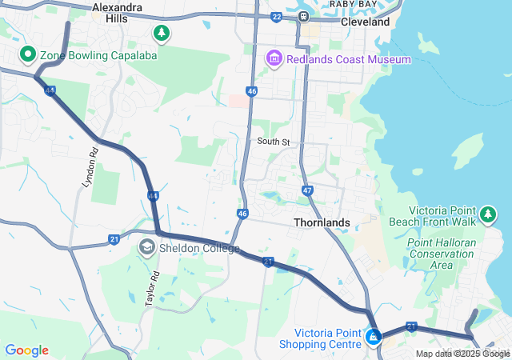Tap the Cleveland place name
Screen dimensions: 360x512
(365, 22)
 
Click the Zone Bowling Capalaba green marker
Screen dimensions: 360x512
(26, 54)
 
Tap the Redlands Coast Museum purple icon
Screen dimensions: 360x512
(274, 58)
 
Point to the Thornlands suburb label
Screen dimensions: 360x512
(322, 222)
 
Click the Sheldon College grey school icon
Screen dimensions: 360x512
(146, 247)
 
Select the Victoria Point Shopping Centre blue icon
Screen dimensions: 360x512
(373, 337)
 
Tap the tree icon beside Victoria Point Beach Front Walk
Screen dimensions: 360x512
(488, 214)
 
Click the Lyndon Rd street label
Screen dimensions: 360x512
(90, 168)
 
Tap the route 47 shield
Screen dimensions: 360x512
(308, 190)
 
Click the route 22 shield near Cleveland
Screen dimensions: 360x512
(277, 16)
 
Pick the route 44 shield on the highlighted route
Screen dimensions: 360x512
(152, 195)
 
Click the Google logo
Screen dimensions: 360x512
(26, 350)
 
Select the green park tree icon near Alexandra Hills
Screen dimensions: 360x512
(162, 33)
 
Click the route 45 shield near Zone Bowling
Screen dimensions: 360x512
(50, 91)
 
